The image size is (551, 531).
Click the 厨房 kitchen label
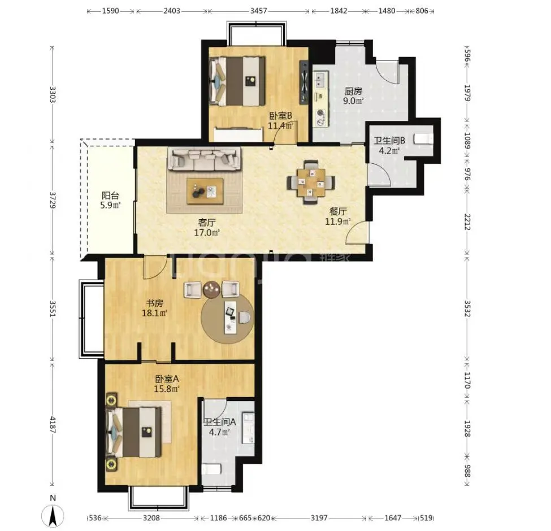(x=353, y=92)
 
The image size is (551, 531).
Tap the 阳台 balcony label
(x=110, y=195)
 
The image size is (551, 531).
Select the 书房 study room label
(x=155, y=303)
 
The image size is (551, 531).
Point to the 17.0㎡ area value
(x=207, y=233)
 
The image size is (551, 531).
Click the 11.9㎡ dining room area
(x=338, y=221)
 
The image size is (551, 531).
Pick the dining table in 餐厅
(x=311, y=182)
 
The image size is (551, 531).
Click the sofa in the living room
(x=205, y=158)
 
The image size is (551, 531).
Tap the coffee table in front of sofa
(x=205, y=191)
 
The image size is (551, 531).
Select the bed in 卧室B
(x=237, y=81)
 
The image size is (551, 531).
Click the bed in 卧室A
(x=135, y=432)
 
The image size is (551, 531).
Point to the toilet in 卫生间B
(x=423, y=138)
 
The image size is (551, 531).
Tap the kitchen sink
(x=320, y=80)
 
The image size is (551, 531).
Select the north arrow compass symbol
(x=53, y=516)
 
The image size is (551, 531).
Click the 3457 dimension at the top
(x=259, y=11)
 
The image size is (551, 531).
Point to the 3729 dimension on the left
(x=52, y=199)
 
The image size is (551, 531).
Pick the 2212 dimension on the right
(x=467, y=222)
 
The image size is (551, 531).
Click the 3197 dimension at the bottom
(x=319, y=517)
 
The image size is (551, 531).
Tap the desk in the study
(x=230, y=317)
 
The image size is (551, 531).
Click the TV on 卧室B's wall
(x=303, y=82)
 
